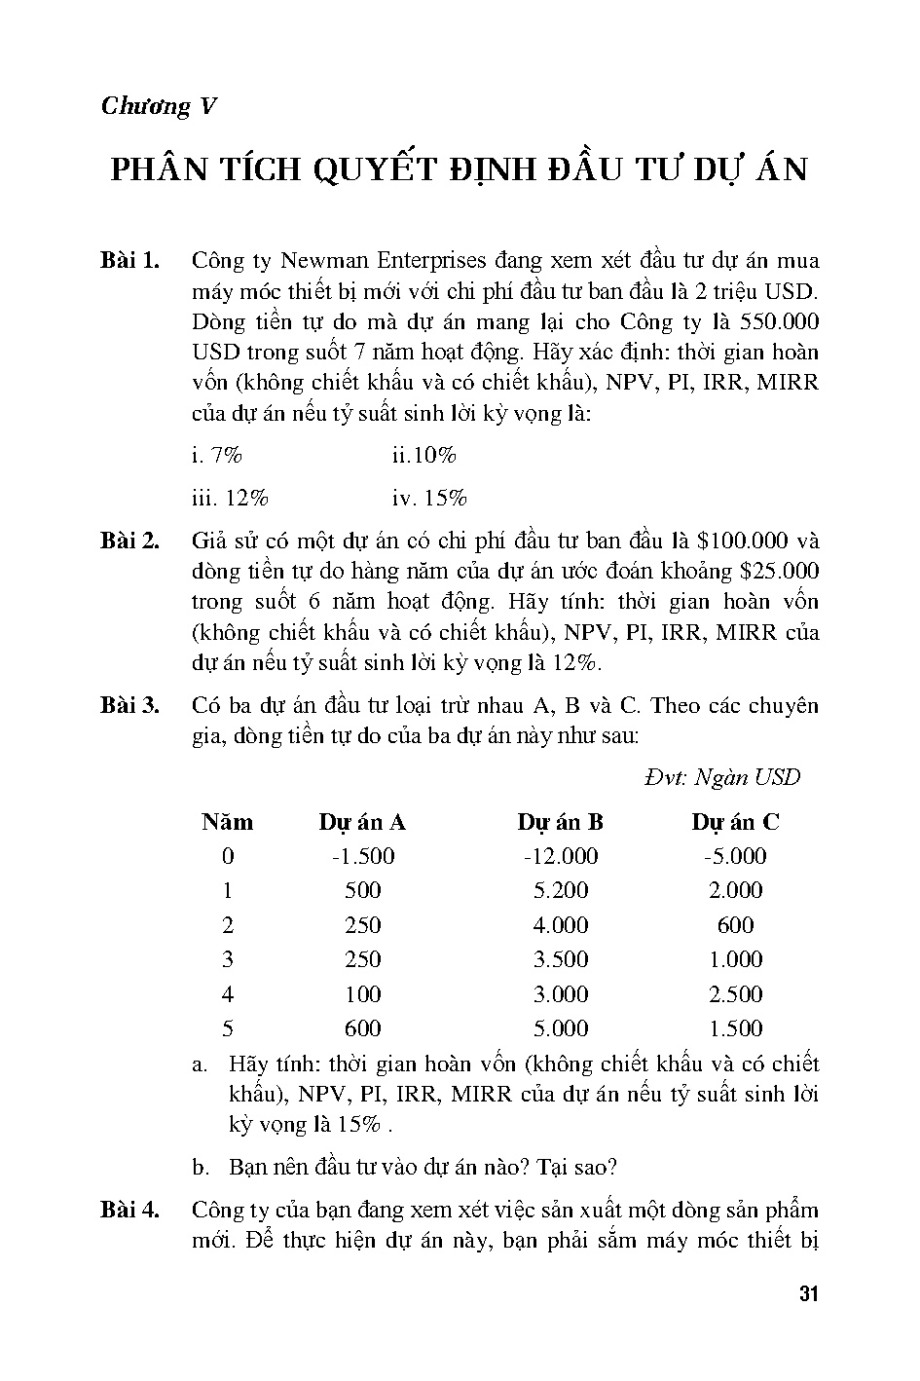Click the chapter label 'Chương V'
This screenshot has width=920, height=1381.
[158, 106]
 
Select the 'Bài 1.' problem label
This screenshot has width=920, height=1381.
[129, 261]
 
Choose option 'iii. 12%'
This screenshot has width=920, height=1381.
[230, 499]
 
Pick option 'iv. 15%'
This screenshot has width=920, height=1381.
[429, 499]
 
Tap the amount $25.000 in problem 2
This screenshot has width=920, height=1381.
[779, 571]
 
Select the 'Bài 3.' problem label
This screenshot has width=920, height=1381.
[129, 706]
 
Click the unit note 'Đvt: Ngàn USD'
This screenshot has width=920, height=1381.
[721, 777]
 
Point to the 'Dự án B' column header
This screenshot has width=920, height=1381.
[560, 822]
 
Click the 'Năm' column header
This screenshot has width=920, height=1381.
[227, 822]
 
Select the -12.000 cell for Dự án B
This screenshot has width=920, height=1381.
[560, 856]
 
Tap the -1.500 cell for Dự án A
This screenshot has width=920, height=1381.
[362, 856]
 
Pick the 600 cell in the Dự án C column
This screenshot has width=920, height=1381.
[735, 925]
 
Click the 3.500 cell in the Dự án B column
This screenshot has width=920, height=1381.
[561, 959]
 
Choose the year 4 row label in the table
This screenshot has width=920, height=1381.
[227, 994]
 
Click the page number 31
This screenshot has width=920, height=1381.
[808, 1295]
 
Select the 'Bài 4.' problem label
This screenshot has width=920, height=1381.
[129, 1211]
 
